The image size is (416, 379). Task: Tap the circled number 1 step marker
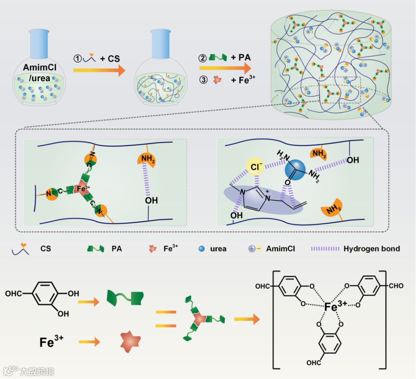(x=78, y=59)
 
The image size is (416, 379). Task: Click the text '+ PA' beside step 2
(x=241, y=58)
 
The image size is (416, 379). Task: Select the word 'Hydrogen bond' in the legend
(x=371, y=249)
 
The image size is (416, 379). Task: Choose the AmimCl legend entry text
(x=280, y=249)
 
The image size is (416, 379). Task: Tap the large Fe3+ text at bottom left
(x=52, y=341)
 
